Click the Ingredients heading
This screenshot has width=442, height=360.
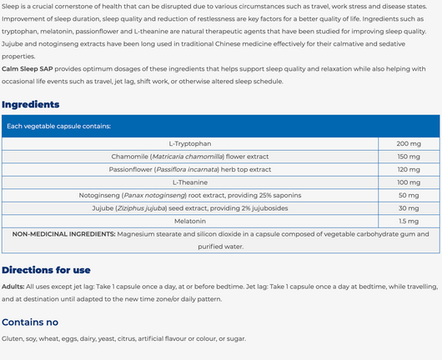(x=31, y=104)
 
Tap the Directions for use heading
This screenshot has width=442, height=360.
(x=46, y=270)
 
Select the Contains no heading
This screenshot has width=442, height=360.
(x=30, y=322)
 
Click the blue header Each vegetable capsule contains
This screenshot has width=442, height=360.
(x=58, y=127)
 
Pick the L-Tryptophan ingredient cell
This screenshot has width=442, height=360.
(x=190, y=144)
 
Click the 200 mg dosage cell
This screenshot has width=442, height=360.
(x=408, y=144)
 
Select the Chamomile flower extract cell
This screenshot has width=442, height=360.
(x=190, y=157)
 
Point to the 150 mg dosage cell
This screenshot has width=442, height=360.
(x=408, y=157)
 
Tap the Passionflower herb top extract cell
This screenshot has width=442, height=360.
(x=190, y=169)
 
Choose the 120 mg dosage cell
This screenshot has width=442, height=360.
(x=408, y=169)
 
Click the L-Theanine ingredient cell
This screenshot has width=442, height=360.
(x=190, y=182)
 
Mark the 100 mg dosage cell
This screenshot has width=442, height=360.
(x=408, y=182)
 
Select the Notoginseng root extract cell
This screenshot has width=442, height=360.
(x=190, y=195)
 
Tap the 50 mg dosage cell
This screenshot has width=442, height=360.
(x=408, y=195)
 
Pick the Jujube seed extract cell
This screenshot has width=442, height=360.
(x=190, y=208)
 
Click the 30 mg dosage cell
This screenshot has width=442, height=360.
(x=408, y=208)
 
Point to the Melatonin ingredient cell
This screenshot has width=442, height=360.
(x=190, y=221)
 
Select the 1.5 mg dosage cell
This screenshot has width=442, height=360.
(x=408, y=221)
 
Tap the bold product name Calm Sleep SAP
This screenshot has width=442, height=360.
(x=28, y=70)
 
